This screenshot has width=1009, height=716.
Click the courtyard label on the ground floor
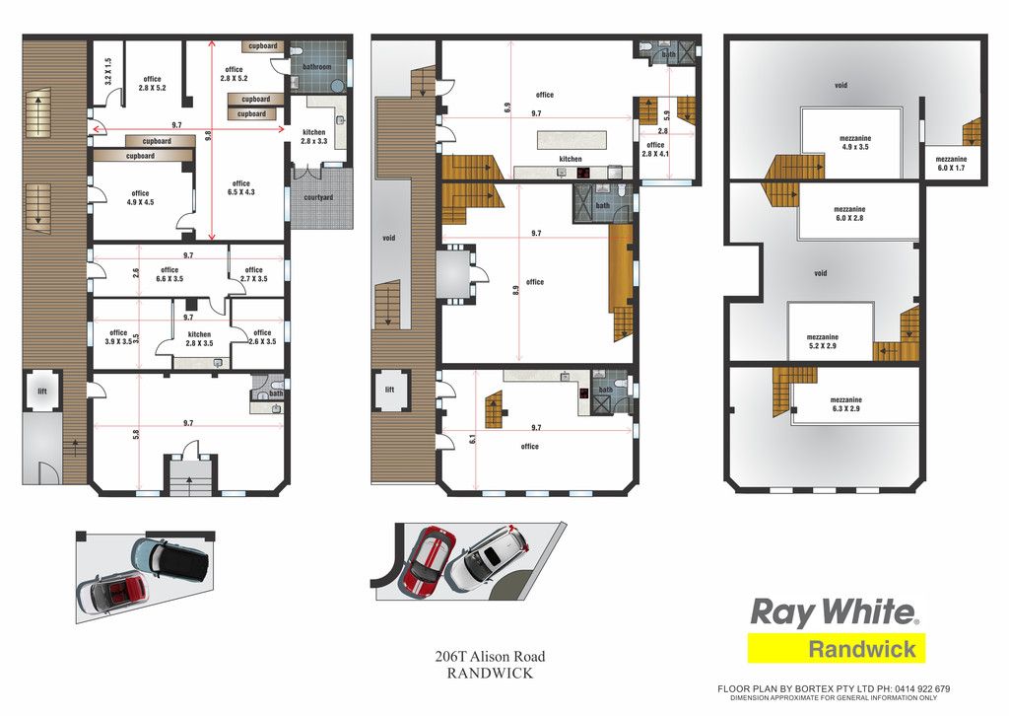[x=318, y=197]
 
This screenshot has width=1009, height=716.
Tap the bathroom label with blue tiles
[x=316, y=67]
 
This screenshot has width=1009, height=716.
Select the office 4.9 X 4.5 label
[x=140, y=197]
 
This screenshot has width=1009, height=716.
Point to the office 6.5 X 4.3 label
[x=241, y=187]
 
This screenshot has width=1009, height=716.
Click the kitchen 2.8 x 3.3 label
[x=314, y=136]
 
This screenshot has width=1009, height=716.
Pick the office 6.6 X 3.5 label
[x=169, y=274]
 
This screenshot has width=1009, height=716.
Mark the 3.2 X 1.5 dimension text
[x=108, y=71]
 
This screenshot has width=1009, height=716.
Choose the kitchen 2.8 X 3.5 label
[x=199, y=338]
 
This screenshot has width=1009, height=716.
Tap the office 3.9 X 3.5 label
[x=118, y=336]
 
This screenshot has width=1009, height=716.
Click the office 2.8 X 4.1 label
[x=655, y=149]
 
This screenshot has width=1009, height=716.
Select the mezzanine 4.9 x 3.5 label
[x=855, y=142]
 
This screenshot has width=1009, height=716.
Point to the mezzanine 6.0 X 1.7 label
[x=951, y=164]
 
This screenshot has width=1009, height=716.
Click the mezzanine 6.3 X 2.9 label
[x=846, y=403]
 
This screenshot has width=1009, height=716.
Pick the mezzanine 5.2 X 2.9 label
[x=823, y=341]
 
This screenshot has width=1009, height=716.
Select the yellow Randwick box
[x=836, y=648]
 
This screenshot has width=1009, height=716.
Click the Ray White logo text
[x=835, y=612]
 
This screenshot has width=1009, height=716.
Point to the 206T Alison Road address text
[x=490, y=657]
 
